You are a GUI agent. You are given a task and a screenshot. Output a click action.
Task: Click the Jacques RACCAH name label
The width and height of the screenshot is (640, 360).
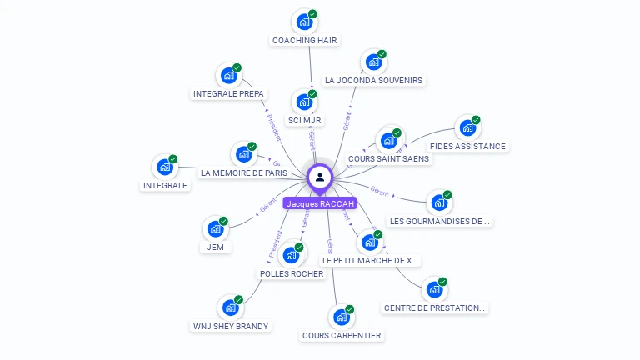pyautogui.click(x=320, y=203)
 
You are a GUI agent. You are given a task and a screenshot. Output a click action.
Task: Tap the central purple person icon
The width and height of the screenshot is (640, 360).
pyautogui.click(x=320, y=177)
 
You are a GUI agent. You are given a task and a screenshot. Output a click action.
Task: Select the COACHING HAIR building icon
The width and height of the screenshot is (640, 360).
pyautogui.click(x=304, y=22)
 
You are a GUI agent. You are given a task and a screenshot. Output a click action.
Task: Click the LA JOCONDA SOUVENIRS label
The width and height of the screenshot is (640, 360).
pyautogui.click(x=373, y=81)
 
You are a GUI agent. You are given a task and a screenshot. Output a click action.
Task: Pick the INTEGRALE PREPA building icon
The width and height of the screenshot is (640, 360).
pyautogui.click(x=228, y=76)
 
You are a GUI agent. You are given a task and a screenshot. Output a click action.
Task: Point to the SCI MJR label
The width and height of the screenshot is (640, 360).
pyautogui.click(x=305, y=121)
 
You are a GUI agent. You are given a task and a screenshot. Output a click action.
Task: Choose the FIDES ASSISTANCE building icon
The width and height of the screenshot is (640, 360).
pyautogui.click(x=467, y=128)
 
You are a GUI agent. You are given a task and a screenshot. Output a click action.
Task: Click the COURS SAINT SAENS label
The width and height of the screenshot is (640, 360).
pyautogui.click(x=388, y=158)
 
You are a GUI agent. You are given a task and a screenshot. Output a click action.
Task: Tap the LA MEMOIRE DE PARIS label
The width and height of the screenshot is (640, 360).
pyautogui.click(x=243, y=173)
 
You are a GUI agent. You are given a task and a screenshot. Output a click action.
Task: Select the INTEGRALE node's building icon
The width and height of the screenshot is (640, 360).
pyautogui.click(x=165, y=167)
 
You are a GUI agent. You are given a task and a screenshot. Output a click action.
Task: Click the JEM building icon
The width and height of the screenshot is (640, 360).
pyautogui.click(x=215, y=228)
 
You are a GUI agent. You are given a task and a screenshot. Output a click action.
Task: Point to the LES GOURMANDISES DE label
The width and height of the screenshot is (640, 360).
pyautogui.click(x=441, y=222)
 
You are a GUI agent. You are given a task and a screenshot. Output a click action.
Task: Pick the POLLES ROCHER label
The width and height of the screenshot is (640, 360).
pyautogui.click(x=292, y=274)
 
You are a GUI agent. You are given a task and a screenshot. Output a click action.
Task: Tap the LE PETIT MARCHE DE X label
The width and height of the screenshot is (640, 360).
pyautogui.click(x=370, y=261)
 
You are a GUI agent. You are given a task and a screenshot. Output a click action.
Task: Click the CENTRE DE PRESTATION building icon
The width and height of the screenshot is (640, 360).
pyautogui.click(x=434, y=289)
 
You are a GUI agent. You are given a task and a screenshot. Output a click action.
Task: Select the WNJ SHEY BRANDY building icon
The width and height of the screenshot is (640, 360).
pyautogui.click(x=230, y=307)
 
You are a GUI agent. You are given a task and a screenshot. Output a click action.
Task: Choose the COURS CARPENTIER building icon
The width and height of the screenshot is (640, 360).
pyautogui.click(x=341, y=317)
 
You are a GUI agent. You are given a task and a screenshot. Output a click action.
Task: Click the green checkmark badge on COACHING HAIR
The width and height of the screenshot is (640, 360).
pyautogui.click(x=312, y=14)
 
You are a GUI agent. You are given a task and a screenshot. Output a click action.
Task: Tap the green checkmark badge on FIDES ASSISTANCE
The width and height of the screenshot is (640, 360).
pyautogui.click(x=476, y=120)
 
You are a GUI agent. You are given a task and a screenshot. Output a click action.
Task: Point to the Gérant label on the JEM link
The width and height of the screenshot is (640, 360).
pyautogui.click(x=267, y=204)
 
